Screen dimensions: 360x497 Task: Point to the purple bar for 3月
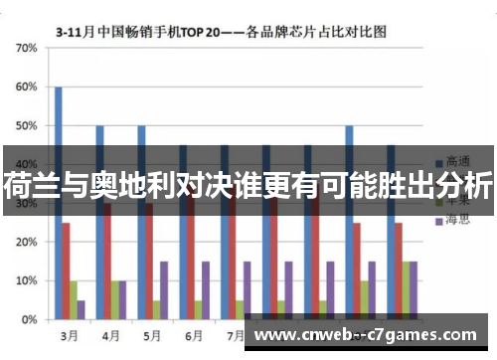(81, 309)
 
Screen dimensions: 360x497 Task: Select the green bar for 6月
(198, 309)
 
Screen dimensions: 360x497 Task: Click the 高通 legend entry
(456, 161)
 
